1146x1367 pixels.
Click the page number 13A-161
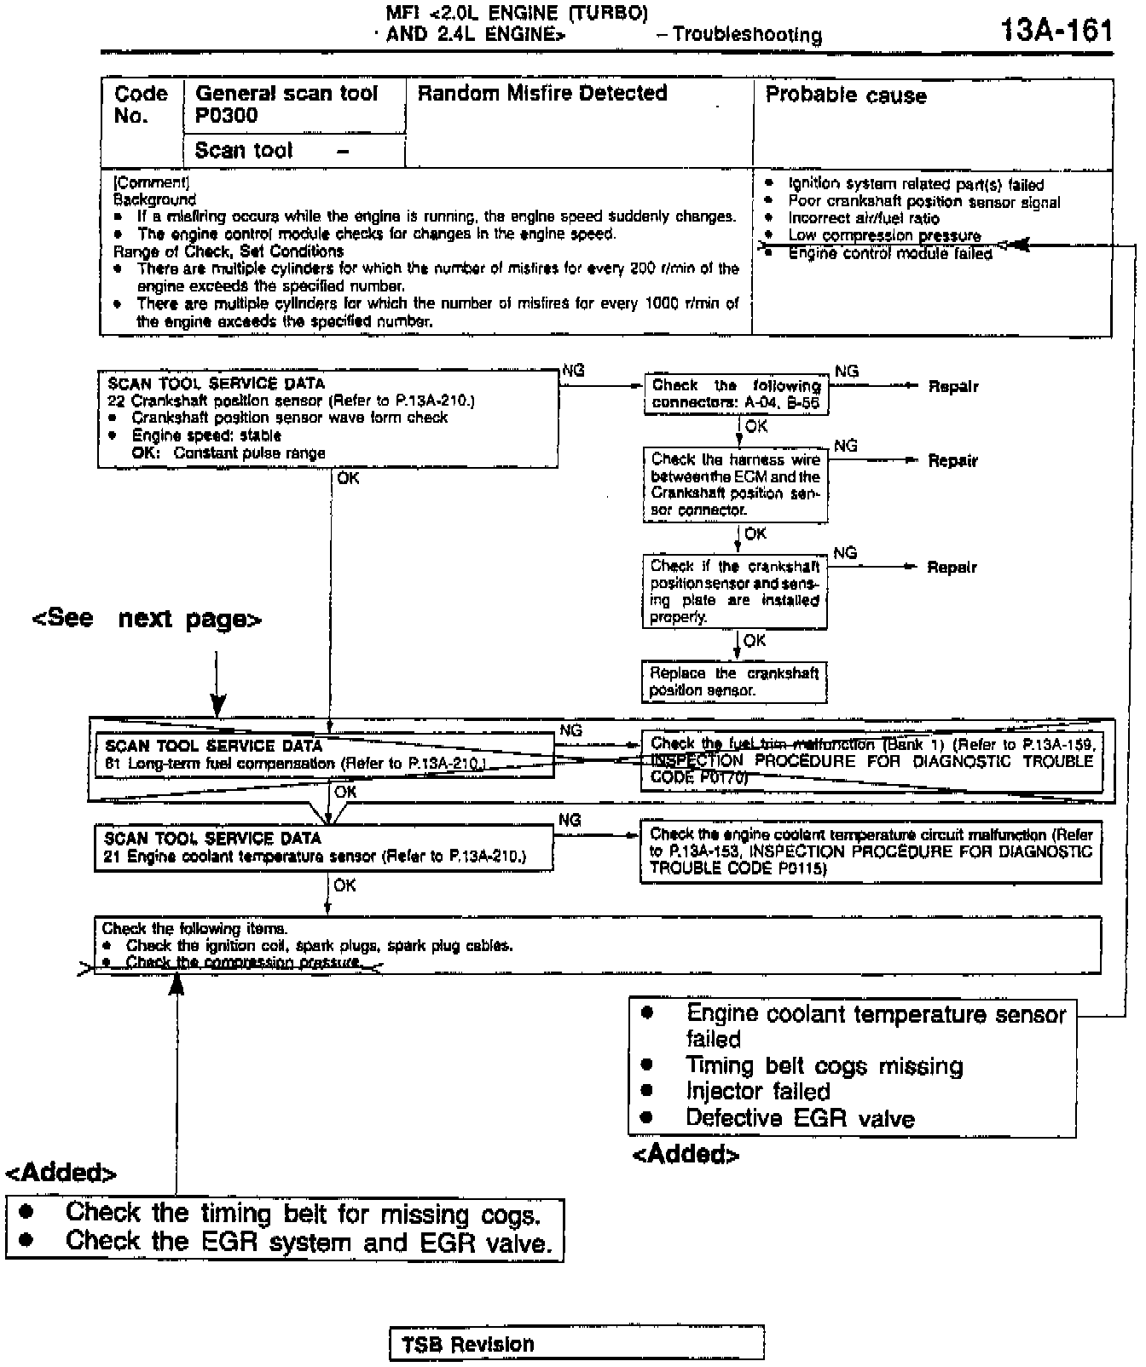1056,32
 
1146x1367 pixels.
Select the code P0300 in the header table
227,116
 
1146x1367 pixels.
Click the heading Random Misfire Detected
541,94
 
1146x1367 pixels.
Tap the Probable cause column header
845,95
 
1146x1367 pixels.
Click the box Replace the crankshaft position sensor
734,682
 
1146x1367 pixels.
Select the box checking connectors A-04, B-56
735,395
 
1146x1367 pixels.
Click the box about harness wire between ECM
735,485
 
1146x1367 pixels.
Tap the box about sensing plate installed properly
734,591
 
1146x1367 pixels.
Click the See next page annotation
147,619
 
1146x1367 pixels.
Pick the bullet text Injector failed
757,1092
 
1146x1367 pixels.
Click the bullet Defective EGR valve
799,1118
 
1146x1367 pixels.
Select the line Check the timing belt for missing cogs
303,1213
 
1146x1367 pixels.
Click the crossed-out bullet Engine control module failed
889,253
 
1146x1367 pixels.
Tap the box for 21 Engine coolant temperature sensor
323,848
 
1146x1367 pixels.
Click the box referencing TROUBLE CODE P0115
871,851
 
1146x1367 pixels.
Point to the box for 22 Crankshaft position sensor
328,418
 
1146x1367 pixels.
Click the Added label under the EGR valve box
686,1154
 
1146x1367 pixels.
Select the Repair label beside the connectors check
952,387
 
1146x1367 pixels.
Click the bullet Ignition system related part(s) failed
915,185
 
